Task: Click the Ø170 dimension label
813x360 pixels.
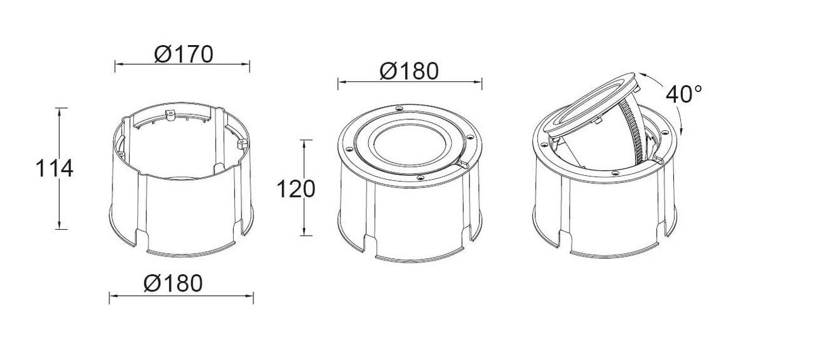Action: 184,55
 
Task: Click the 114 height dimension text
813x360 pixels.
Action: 55,168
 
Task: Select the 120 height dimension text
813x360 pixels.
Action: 296,189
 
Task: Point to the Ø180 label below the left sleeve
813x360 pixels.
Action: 173,283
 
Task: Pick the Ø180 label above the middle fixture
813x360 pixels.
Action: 410,71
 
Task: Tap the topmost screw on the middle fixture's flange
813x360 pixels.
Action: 400,108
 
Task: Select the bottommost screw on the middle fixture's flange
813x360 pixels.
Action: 420,177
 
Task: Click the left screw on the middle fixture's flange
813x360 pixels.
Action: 349,149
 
